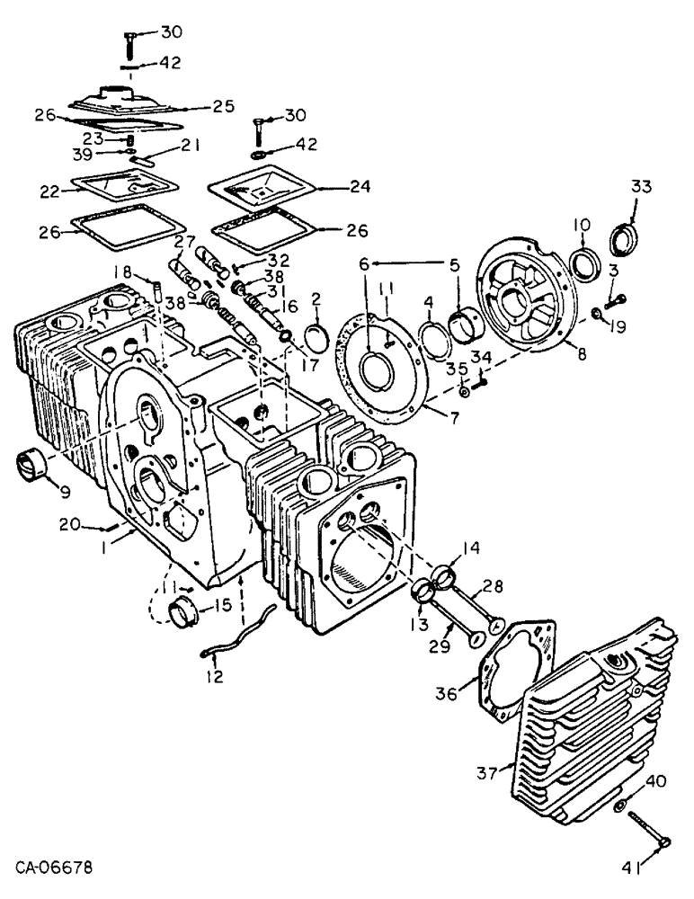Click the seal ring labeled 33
click(624, 240)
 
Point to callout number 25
click(224, 106)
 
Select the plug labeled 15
click(184, 613)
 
